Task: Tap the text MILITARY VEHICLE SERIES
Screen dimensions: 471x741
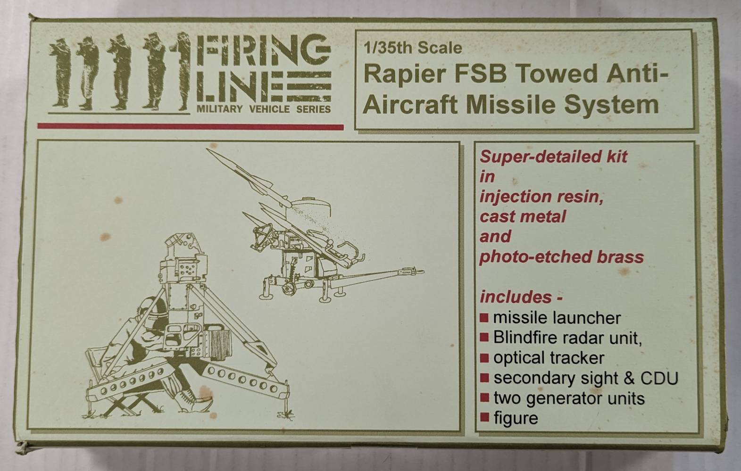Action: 263,109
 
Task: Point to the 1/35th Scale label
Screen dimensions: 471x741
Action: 413,48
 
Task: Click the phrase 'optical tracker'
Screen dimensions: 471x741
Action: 548,358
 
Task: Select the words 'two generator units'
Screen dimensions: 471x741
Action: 568,398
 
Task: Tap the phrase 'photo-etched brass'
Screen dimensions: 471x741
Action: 561,257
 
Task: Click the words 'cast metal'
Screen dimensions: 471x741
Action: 522,216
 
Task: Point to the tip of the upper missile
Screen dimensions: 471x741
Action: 208,150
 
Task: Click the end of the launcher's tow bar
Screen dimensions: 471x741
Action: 420,272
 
